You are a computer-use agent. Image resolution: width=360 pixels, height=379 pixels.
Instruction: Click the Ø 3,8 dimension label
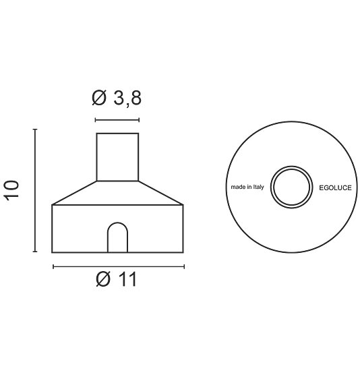(117, 98)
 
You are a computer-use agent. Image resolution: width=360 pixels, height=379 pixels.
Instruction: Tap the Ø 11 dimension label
(117, 279)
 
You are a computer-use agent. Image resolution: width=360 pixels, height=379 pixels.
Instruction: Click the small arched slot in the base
(117, 237)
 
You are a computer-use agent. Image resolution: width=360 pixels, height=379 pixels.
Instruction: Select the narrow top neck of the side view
(117, 157)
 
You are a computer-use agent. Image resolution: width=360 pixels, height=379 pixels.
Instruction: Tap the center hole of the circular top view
(291, 185)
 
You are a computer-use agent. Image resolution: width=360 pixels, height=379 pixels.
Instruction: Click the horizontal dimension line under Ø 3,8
(117, 120)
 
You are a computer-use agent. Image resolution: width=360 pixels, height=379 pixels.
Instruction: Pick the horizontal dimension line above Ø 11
(118, 266)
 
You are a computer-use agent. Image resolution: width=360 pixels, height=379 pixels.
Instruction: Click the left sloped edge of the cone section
(74, 193)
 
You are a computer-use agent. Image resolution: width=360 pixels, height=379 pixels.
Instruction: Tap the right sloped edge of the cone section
(161, 193)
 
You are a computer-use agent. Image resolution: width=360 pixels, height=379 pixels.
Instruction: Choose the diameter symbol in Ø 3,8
(99, 98)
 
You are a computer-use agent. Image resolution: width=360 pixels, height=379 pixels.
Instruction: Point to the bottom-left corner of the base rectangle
(53, 252)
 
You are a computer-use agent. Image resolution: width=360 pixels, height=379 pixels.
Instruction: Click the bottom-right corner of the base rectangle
(183, 252)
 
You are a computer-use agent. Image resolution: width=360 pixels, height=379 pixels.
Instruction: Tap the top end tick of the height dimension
(35, 128)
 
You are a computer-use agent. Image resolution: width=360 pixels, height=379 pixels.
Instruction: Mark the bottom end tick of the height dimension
(35, 252)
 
